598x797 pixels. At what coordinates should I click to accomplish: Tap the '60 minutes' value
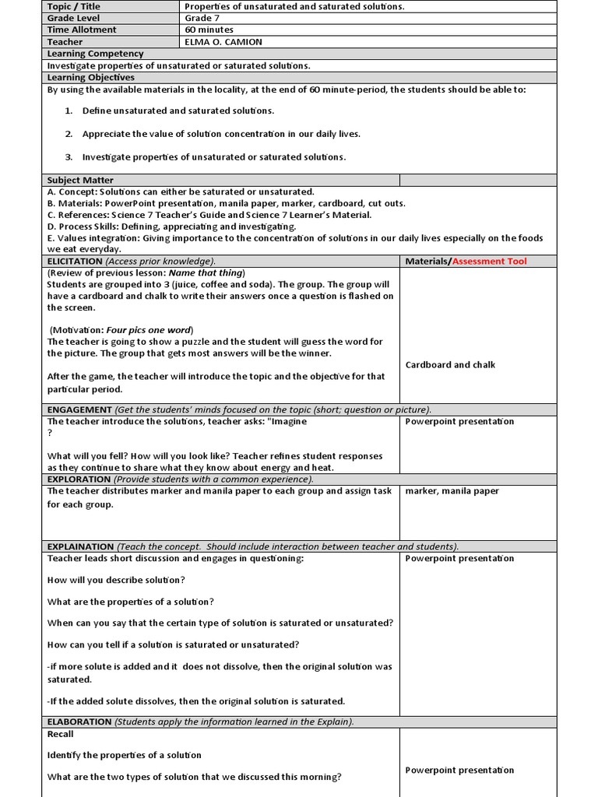tap(209, 30)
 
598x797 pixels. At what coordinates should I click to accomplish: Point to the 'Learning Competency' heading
tap(95, 54)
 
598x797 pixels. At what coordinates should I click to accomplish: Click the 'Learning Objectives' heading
tap(90, 78)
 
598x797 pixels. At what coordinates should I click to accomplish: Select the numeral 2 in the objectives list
tap(69, 134)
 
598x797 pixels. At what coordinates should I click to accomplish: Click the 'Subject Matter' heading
tap(80, 180)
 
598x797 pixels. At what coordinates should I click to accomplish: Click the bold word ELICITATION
tap(75, 262)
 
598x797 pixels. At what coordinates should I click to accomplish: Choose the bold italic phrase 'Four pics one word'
tap(149, 330)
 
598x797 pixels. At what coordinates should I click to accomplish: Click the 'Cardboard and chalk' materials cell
tap(450, 365)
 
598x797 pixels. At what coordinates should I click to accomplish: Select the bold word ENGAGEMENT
tap(79, 409)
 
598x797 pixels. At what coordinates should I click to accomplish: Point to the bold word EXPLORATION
tap(79, 479)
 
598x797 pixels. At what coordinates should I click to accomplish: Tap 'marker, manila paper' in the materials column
tap(452, 491)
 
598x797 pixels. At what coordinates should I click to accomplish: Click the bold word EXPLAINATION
tap(81, 546)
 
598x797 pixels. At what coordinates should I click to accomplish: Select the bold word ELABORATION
tap(79, 722)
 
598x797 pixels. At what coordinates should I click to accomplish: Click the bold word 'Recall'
tap(61, 734)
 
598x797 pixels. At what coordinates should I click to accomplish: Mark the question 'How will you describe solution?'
tap(116, 581)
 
